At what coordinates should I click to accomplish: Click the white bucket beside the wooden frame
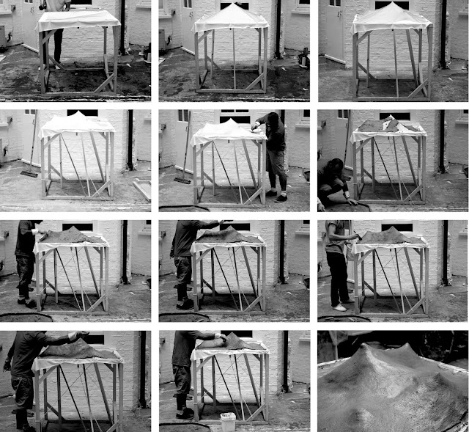click(x=228, y=422)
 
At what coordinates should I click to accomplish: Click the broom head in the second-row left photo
click(x=29, y=174)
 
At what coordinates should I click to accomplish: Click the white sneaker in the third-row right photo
click(x=339, y=307)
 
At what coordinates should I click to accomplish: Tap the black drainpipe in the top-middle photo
click(x=278, y=29)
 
